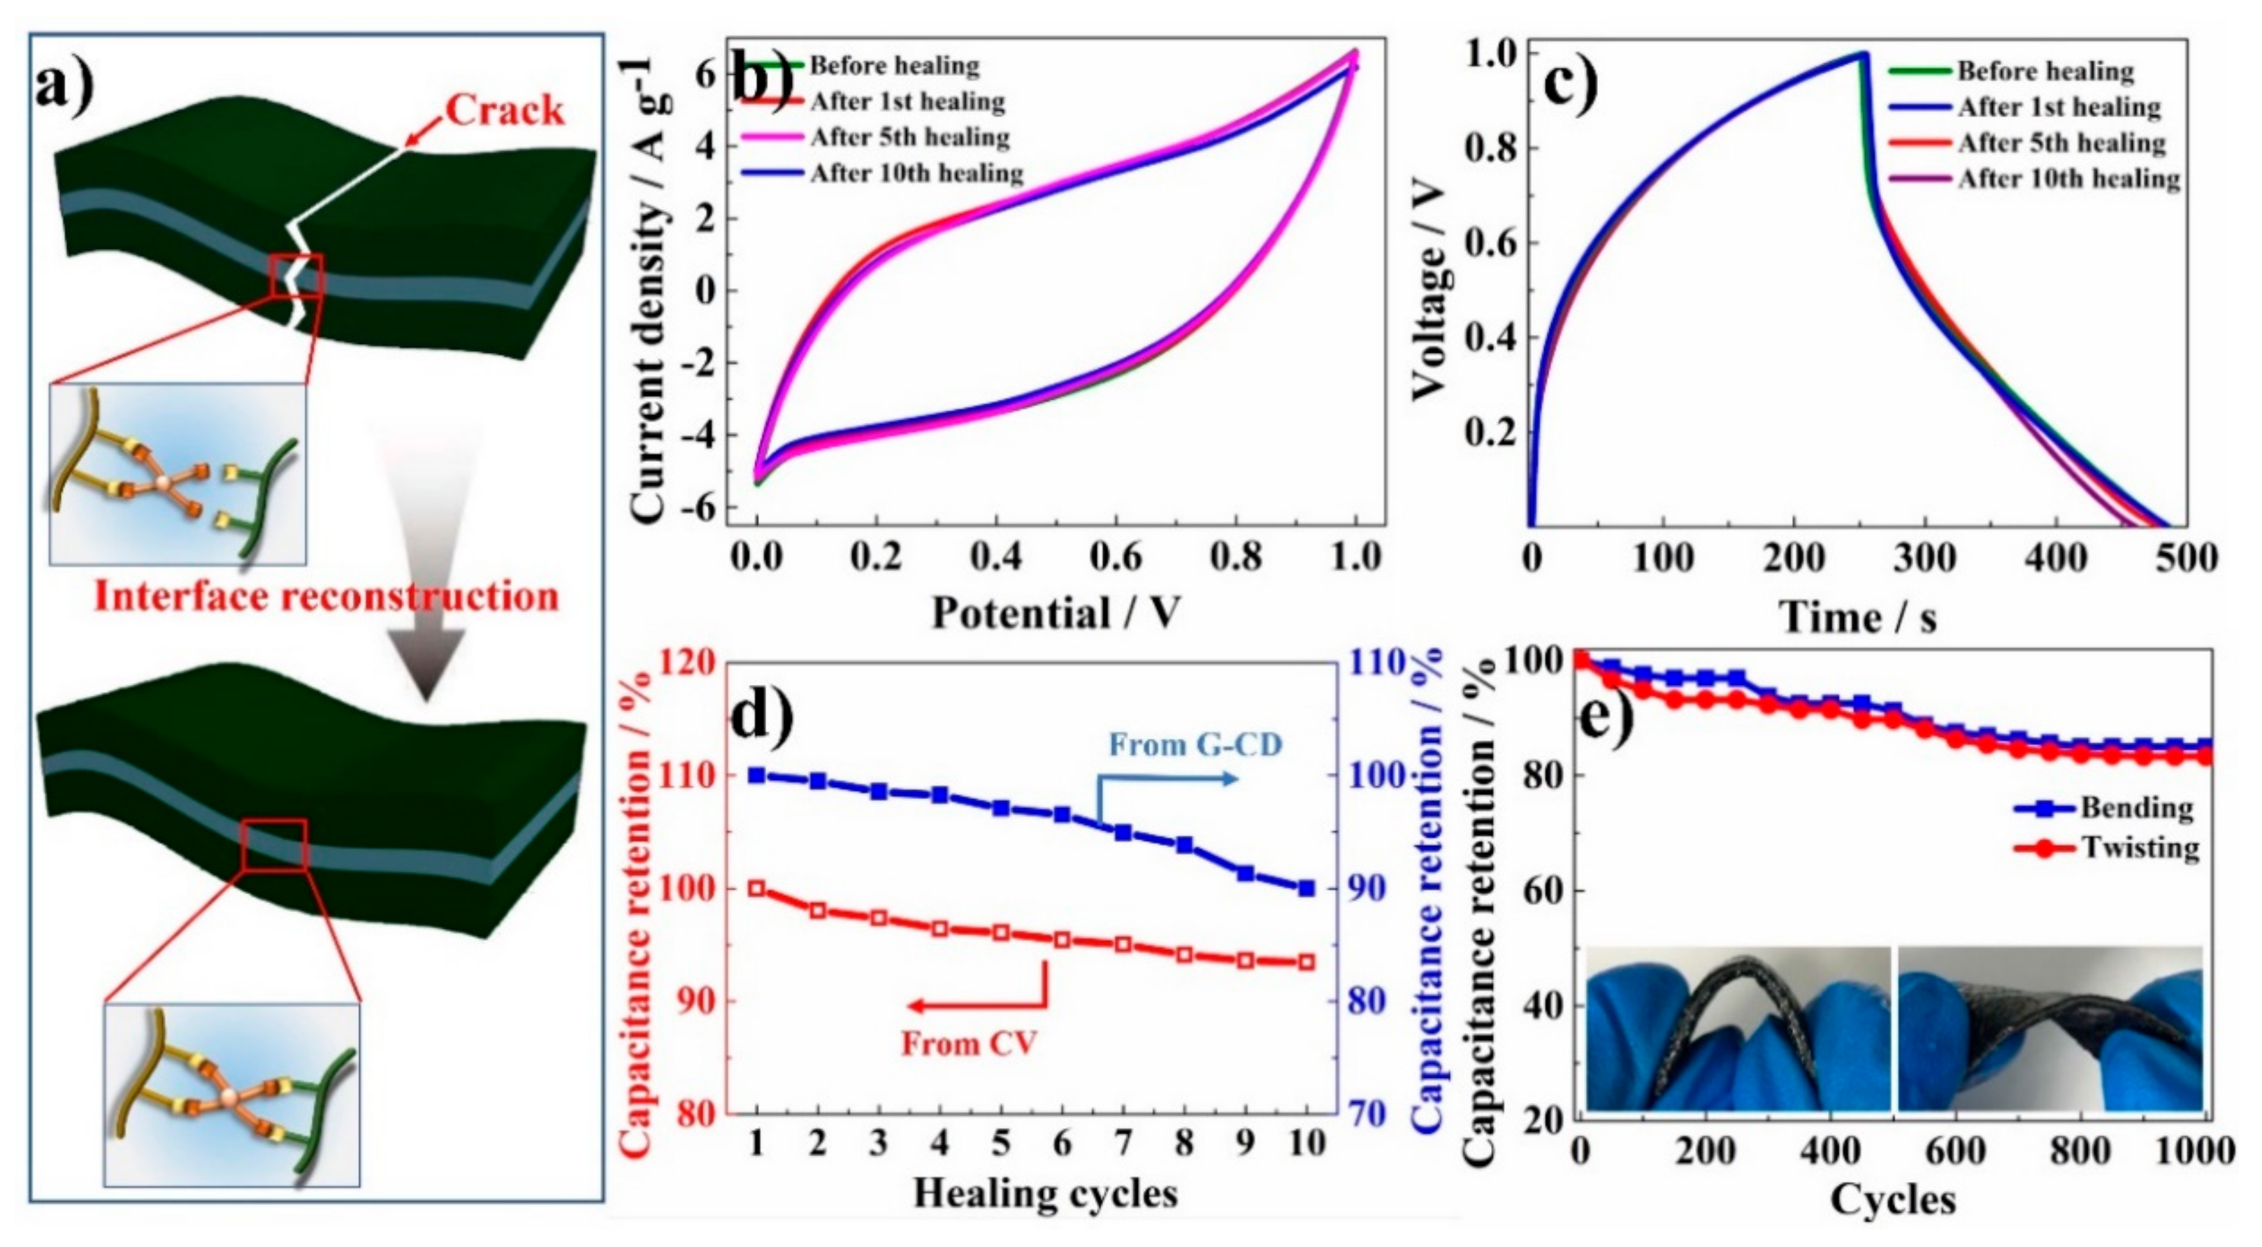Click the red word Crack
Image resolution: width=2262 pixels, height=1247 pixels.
point(504,110)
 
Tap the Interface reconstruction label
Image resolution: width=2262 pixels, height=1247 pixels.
point(326,596)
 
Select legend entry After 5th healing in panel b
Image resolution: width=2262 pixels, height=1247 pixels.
point(909,138)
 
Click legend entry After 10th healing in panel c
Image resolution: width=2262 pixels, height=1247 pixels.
point(2068,179)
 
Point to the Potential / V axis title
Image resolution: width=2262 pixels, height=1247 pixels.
point(1056,612)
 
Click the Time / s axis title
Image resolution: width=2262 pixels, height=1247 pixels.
point(1858,617)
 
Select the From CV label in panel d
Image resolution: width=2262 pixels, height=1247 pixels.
point(970,1044)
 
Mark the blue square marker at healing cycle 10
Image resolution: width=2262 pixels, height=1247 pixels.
point(1306,888)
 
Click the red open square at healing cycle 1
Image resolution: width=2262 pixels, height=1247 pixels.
point(757,888)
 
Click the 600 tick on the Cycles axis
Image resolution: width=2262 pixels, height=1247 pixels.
point(1956,1151)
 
